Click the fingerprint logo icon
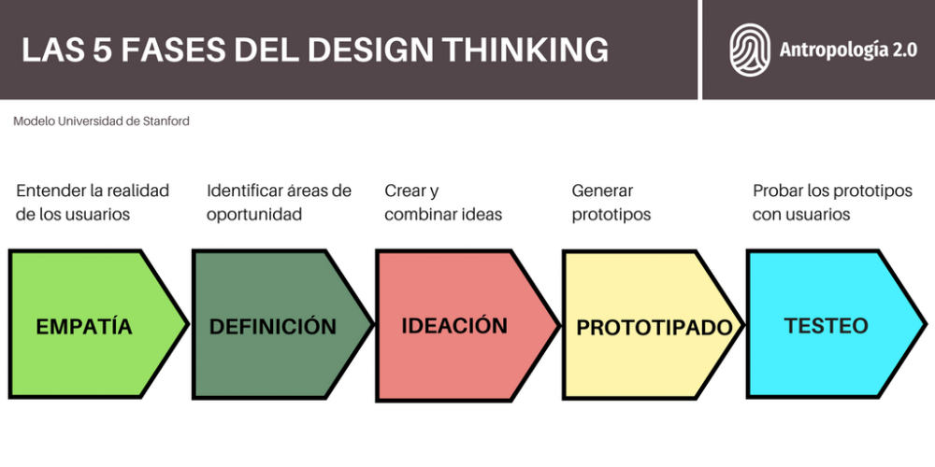(x=749, y=50)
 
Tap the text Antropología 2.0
(x=848, y=50)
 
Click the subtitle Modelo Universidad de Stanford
(x=102, y=121)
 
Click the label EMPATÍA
(x=84, y=327)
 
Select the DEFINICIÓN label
(x=272, y=327)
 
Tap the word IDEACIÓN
(x=454, y=326)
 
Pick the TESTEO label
(x=826, y=326)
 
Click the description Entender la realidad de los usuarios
(x=93, y=203)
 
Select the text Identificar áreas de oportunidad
(x=279, y=203)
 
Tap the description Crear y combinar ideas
(x=443, y=203)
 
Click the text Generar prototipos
(x=611, y=203)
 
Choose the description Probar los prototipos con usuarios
(x=832, y=203)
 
